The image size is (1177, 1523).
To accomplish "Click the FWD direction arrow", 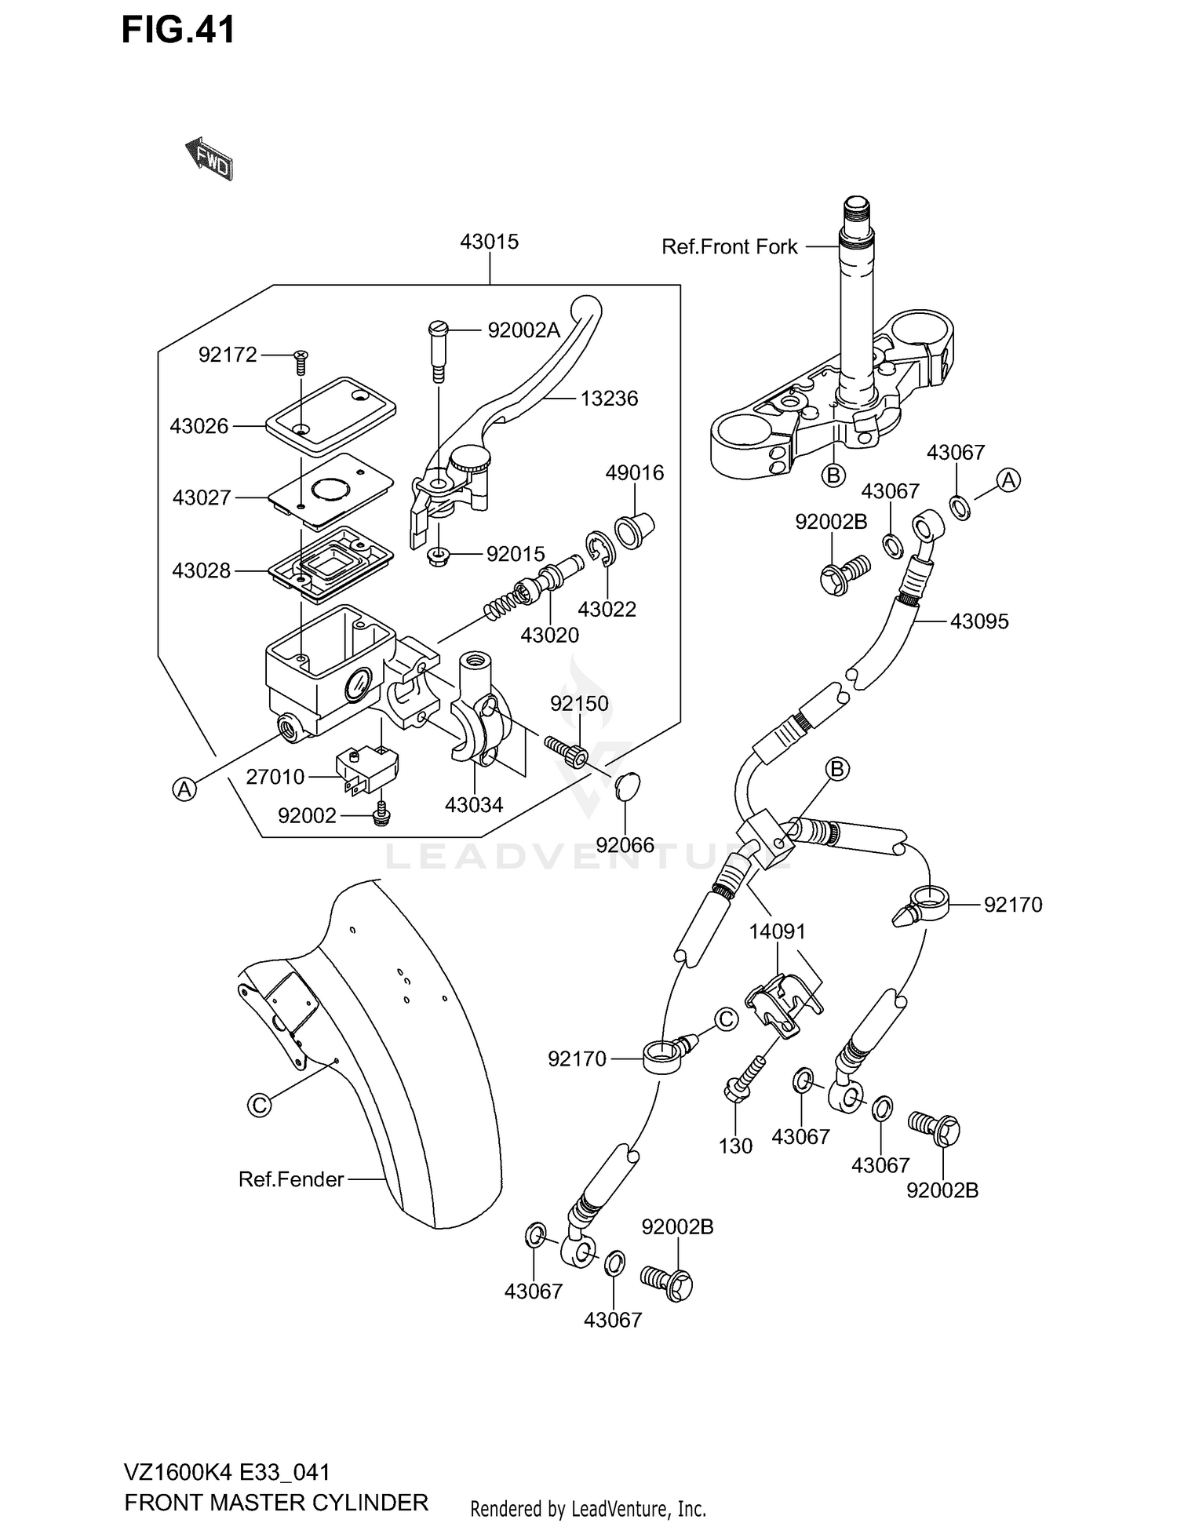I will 210,159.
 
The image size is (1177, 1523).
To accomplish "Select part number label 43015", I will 489,242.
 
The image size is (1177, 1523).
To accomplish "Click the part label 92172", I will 228,355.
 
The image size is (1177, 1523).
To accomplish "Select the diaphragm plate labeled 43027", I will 330,492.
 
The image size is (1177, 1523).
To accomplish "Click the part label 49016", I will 634,473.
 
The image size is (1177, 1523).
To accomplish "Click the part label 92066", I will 625,845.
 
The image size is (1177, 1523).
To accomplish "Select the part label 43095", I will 978,621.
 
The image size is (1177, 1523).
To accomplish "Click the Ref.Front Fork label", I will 729,247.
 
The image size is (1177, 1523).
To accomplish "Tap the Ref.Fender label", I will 291,1179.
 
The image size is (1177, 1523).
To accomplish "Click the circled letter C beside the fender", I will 259,1105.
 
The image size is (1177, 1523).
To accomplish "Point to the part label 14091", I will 777,931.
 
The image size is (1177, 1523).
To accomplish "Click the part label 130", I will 735,1146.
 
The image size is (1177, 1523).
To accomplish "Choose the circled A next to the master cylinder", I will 184,789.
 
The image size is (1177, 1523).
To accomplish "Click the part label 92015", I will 515,555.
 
